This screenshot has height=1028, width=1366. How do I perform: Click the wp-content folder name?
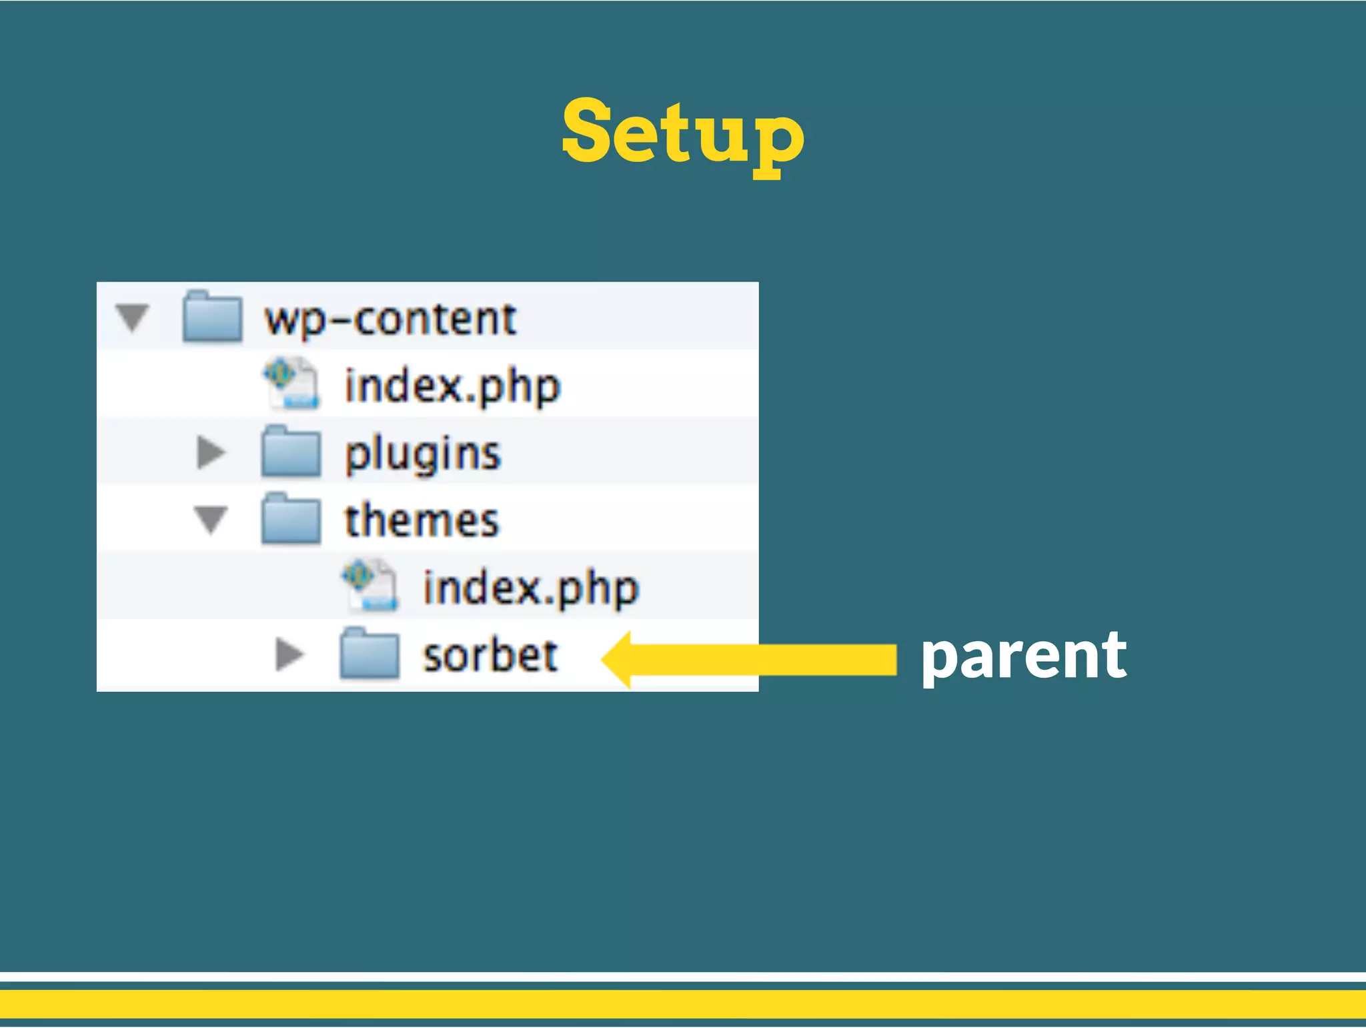390,319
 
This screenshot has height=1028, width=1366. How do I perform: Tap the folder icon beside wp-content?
212,317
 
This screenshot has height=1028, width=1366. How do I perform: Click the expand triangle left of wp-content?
132,318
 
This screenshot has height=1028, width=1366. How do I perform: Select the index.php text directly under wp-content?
452,387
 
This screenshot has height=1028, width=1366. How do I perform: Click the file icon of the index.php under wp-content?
291,383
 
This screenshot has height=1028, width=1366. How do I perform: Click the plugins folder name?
422,454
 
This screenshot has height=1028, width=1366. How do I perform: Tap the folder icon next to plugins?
291,452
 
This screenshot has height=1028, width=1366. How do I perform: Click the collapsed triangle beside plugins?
211,452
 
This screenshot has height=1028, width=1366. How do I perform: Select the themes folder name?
422,520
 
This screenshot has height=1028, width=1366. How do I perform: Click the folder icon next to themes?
291,520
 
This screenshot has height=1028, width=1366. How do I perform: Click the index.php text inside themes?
531,588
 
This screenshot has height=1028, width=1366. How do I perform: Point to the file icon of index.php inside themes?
370,586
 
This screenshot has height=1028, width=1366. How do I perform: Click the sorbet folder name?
490,655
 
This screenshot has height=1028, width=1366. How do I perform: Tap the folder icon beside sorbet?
369,654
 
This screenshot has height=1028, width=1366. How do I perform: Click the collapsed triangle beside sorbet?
289,654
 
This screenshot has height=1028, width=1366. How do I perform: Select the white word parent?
1023,657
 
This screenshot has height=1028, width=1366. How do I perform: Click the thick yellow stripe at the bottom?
683,1004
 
